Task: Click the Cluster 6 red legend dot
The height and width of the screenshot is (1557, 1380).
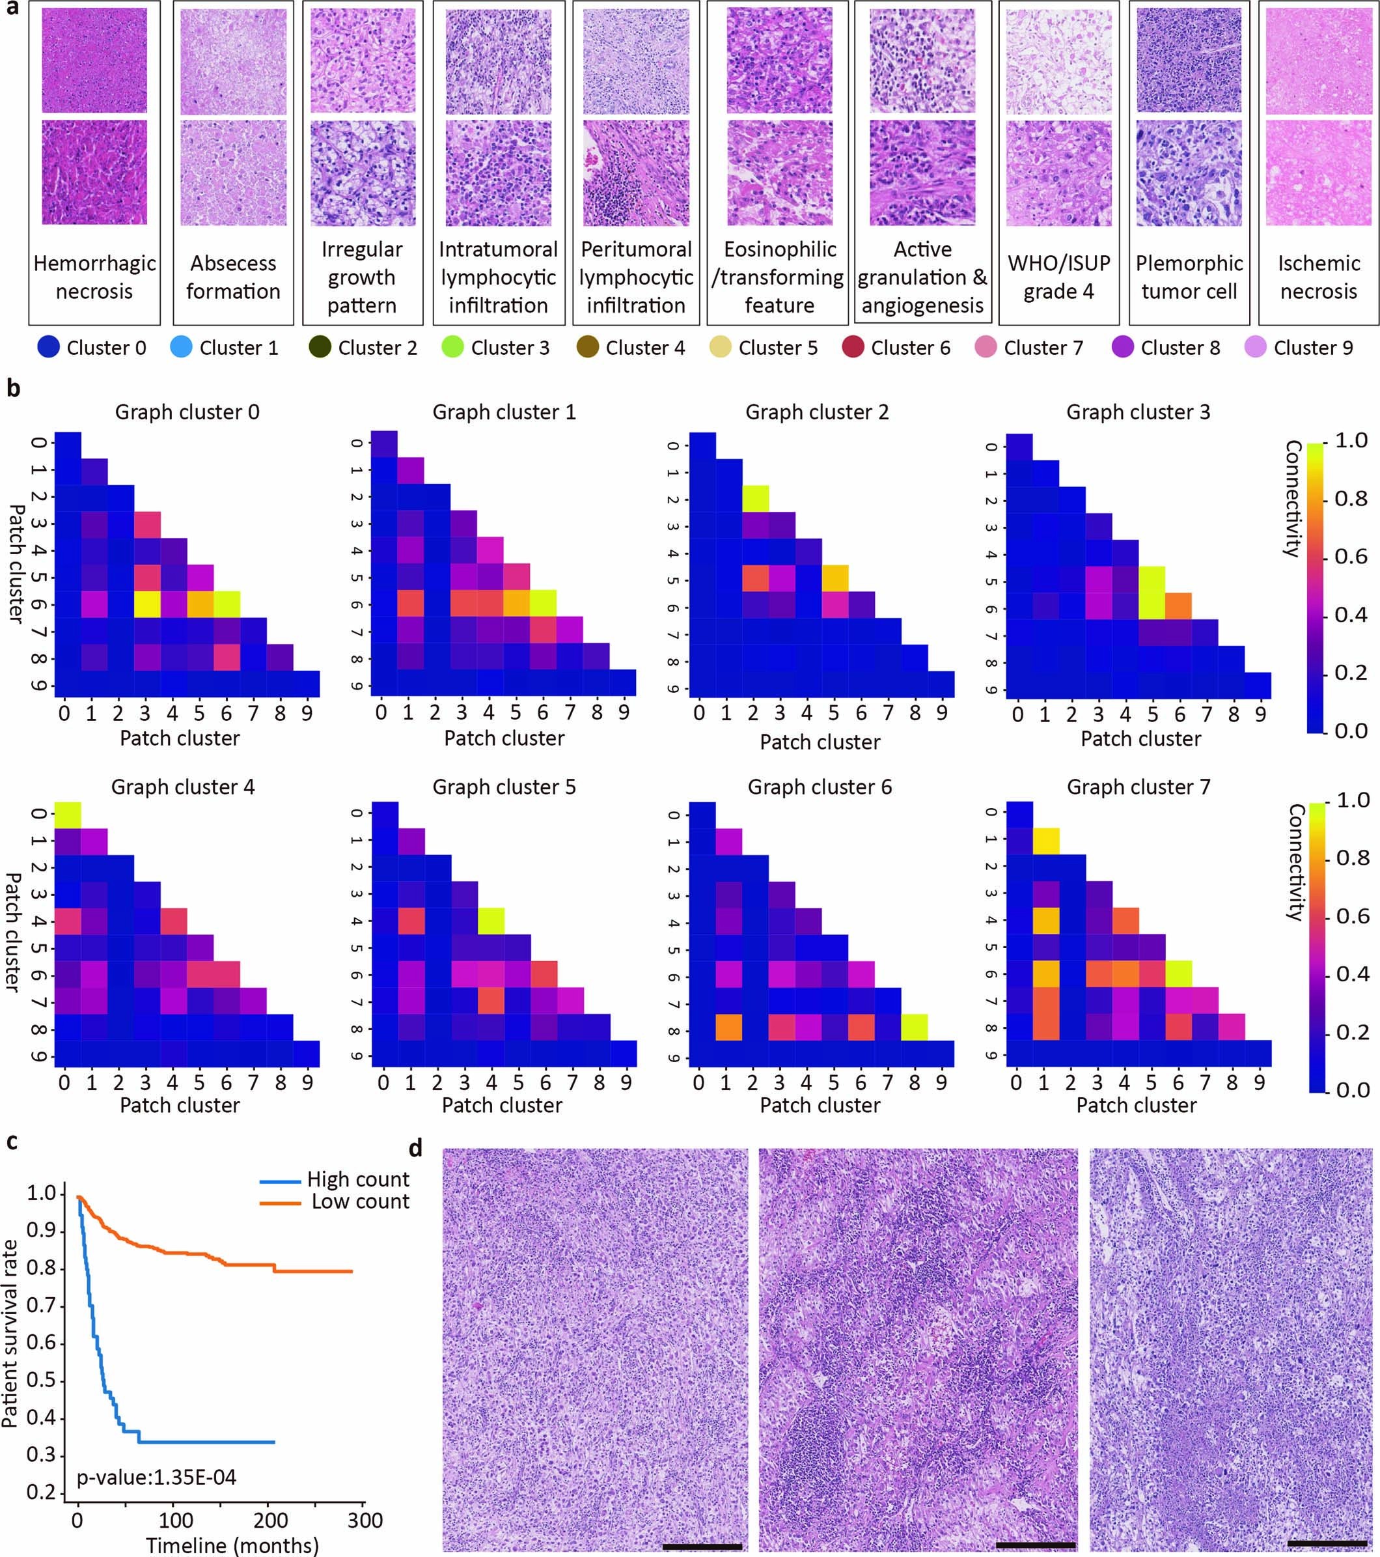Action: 853,348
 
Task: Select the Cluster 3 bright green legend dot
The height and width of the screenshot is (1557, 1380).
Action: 452,348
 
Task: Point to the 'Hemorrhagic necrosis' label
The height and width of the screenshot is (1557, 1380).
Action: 94,277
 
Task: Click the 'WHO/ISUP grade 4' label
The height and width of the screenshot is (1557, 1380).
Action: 1058,277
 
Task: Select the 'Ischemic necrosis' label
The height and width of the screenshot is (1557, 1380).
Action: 1318,277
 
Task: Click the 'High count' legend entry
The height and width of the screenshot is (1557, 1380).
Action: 358,1180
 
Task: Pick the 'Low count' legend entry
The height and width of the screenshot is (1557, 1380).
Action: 359,1202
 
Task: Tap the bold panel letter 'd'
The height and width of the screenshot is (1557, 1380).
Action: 417,1147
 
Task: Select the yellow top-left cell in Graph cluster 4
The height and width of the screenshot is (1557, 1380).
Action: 68,813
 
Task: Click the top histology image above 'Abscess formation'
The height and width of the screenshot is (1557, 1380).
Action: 233,62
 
